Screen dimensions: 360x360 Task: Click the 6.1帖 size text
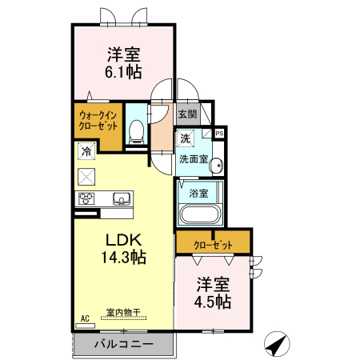(x=123, y=72)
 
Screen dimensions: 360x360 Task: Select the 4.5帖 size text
(x=214, y=302)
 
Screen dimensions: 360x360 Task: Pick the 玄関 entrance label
(x=186, y=114)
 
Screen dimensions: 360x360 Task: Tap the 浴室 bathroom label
(x=198, y=193)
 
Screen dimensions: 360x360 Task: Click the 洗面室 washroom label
(x=193, y=159)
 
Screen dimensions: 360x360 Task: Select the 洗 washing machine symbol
(x=186, y=138)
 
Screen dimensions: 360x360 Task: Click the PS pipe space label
(x=218, y=133)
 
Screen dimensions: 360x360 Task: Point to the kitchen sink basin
(x=121, y=198)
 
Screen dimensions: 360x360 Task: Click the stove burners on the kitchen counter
(x=86, y=198)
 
